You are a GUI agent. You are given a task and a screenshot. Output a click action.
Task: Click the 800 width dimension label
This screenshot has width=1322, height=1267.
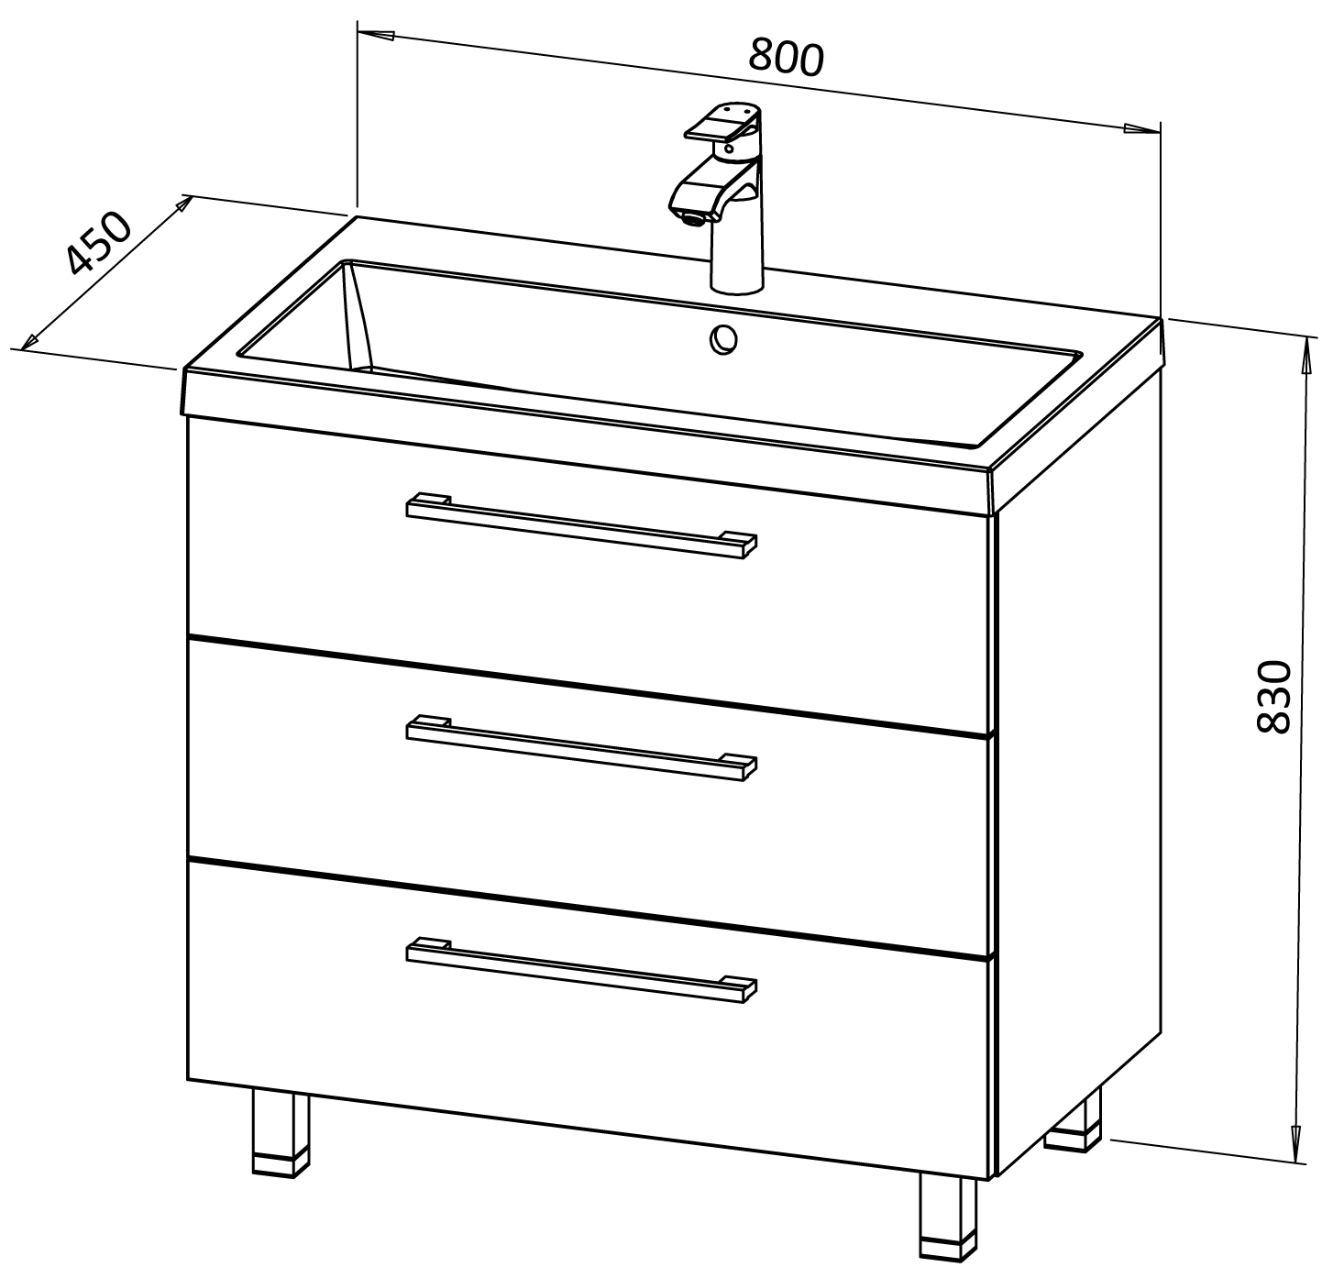pyautogui.click(x=786, y=58)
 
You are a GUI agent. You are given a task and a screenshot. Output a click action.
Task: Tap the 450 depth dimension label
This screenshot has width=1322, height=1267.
pyautogui.click(x=98, y=243)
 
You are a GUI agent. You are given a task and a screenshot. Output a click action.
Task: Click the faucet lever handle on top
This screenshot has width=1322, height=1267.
pyautogui.click(x=722, y=125)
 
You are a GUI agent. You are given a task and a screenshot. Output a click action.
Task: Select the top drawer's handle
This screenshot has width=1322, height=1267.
pyautogui.click(x=581, y=525)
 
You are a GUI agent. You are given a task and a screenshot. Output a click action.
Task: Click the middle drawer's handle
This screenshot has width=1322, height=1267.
pyautogui.click(x=581, y=747)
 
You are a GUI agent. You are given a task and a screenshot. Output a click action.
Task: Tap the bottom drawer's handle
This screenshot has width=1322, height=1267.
pyautogui.click(x=581, y=969)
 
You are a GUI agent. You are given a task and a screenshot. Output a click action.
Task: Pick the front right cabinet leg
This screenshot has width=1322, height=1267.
pyautogui.click(x=948, y=1220)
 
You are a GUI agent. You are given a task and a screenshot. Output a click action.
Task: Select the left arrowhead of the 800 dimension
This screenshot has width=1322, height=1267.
pyautogui.click(x=376, y=35)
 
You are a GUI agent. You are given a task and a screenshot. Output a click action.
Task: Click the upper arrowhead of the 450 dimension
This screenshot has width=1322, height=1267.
pyautogui.click(x=182, y=204)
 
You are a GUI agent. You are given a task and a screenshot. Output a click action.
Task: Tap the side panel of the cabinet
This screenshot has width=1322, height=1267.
pyautogui.click(x=1079, y=767)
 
